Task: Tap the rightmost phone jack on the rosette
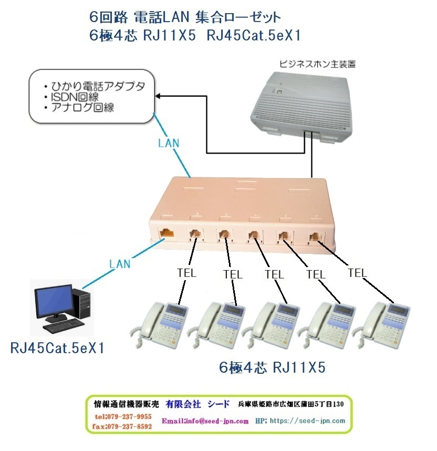(316, 237)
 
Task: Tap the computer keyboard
(59, 327)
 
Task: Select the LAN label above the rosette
(169, 142)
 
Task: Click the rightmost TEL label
(357, 273)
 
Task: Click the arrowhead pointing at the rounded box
(159, 96)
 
